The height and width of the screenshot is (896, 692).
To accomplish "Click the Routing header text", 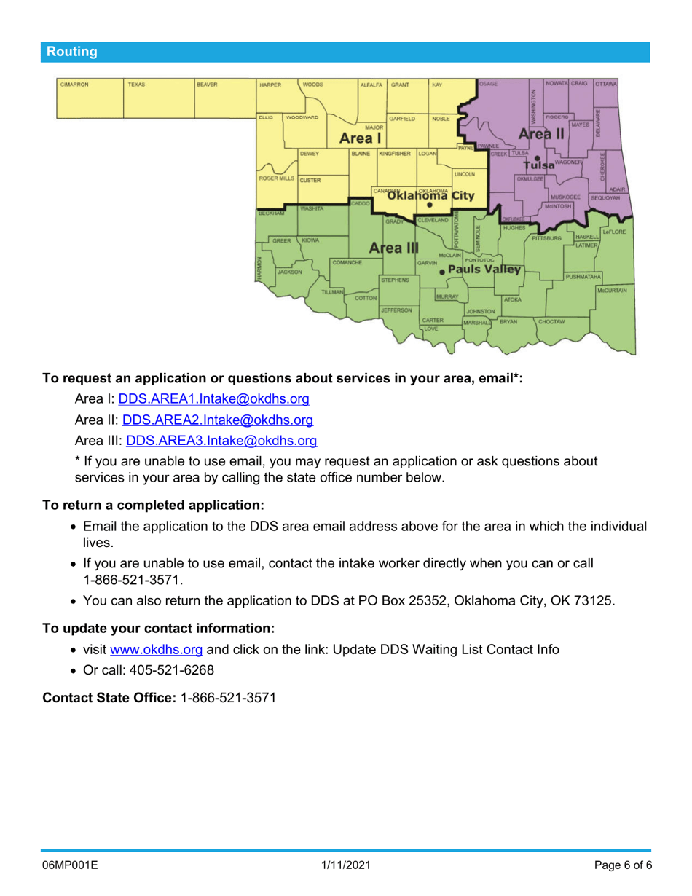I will [x=71, y=52].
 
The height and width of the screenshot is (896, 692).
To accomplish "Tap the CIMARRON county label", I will [x=74, y=85].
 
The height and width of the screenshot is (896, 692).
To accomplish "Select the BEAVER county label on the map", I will [x=207, y=85].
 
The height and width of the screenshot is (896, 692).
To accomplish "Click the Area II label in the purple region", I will [x=541, y=134].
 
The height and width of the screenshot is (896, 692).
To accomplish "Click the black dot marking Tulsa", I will [x=537, y=157].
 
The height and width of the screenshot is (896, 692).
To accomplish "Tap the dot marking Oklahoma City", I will [x=430, y=205].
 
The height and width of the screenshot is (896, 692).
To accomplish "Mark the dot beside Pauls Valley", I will [x=442, y=271].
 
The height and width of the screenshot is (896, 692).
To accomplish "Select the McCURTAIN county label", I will [x=612, y=290].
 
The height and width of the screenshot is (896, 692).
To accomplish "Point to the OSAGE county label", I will [x=489, y=85].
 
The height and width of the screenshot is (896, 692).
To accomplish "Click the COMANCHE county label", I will [x=347, y=262].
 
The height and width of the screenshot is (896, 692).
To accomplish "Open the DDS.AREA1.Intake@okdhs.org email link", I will [x=214, y=399].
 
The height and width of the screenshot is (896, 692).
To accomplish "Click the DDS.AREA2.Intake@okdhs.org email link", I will [x=218, y=420].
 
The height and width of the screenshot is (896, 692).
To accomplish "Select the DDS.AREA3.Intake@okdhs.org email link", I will [x=221, y=440].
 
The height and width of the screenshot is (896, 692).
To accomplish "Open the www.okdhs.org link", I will [x=156, y=649].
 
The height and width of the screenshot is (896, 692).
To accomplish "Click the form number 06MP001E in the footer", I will [x=70, y=865].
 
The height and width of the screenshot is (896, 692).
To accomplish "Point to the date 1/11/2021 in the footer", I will [x=346, y=865].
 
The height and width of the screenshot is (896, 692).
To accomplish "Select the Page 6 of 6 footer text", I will [x=623, y=865].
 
